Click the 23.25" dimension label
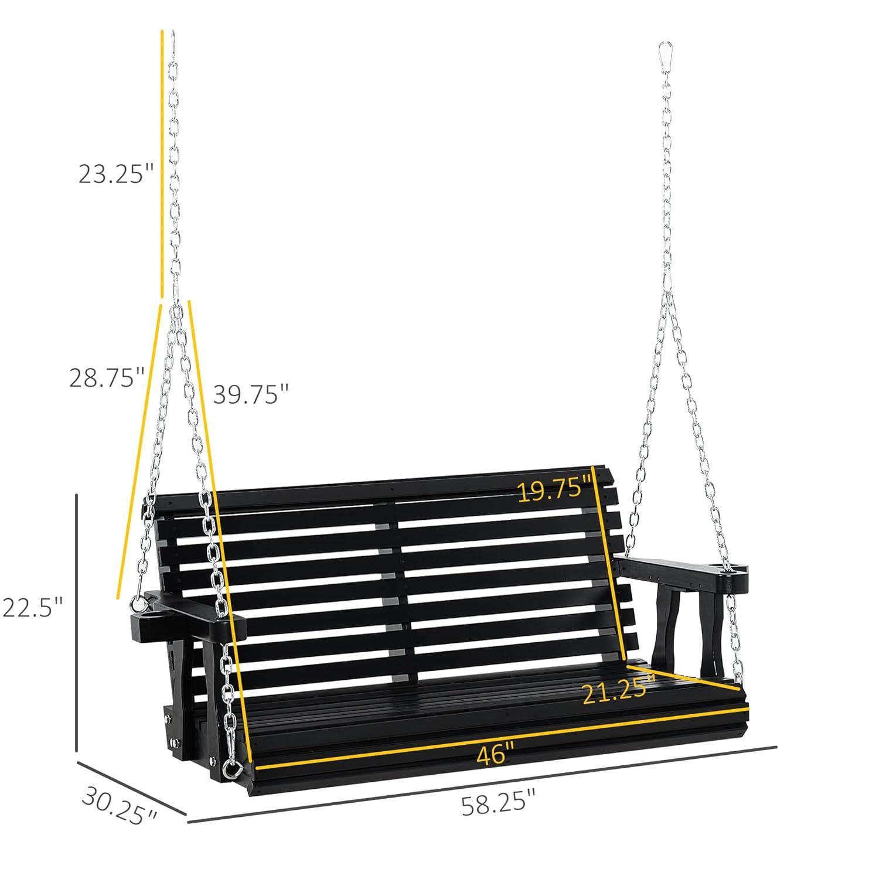pyautogui.click(x=116, y=173)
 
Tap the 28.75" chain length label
pyautogui.click(x=107, y=377)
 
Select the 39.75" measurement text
pyautogui.click(x=251, y=394)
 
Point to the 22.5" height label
pyautogui.click(x=32, y=607)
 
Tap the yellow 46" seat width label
pyautogui.click(x=495, y=754)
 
